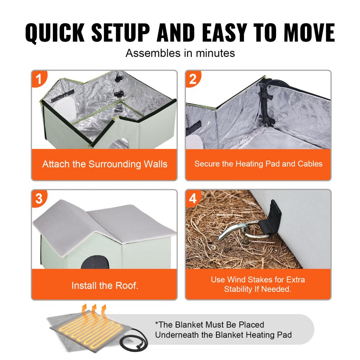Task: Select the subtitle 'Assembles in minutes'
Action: [x=180, y=53]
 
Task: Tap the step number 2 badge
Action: [x=193, y=78]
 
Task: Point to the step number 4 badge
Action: [x=193, y=198]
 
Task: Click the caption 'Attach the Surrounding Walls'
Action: [x=105, y=164]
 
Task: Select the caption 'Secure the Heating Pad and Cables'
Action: [x=258, y=164]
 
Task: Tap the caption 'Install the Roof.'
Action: [x=105, y=286]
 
